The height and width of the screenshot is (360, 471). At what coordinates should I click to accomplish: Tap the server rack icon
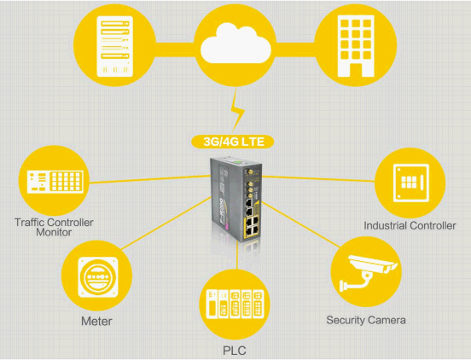pos(114,46)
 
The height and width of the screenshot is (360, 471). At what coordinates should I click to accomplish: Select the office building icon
pos(356,46)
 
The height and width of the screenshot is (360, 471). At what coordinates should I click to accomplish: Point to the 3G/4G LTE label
pos(233,142)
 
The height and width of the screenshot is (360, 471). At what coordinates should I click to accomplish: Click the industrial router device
pos(236,199)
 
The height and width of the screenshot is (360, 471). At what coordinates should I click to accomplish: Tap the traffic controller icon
pos(55,182)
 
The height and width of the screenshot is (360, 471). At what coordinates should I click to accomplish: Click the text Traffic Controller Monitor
pos(54,227)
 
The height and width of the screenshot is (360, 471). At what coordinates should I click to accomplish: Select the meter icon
pos(98,277)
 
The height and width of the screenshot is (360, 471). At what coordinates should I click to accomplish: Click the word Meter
pos(96,322)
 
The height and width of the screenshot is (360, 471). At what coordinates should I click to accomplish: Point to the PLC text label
pos(235,351)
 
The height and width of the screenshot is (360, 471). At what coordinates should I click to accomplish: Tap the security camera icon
pos(369,273)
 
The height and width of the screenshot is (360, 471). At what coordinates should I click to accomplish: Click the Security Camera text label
pos(366,320)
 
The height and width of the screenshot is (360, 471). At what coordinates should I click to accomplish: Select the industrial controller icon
pos(411,183)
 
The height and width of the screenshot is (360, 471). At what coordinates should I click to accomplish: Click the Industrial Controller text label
pos(410,225)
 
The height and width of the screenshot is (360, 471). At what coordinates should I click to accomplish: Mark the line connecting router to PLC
pos(237,256)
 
